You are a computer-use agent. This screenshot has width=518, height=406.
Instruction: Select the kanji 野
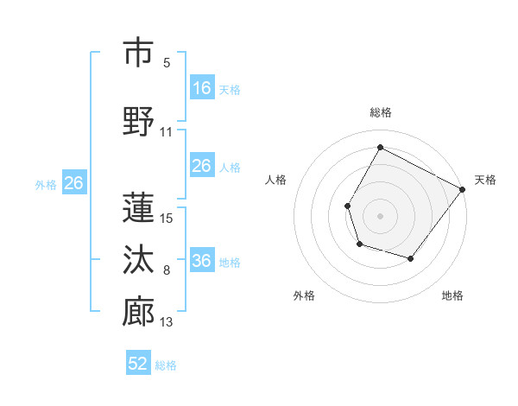click(138, 121)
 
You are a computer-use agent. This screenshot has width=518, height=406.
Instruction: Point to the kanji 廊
click(138, 312)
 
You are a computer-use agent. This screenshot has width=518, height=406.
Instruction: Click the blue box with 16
click(201, 88)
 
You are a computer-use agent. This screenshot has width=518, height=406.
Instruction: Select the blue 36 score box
click(201, 261)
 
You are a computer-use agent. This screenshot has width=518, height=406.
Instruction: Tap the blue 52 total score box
click(138, 364)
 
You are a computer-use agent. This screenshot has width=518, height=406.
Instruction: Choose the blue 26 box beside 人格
click(201, 166)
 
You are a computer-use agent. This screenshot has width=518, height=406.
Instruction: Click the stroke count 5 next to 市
click(167, 63)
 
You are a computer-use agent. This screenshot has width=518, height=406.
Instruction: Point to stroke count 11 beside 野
click(167, 132)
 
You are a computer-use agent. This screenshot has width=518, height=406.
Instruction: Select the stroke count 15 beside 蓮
click(167, 218)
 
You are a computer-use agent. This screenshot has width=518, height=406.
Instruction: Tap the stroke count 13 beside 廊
click(167, 323)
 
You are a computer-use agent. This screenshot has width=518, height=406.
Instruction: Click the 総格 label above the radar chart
click(380, 112)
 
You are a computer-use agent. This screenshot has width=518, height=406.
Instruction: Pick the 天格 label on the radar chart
click(485, 180)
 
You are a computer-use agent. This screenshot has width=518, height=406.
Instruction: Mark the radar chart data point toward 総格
click(380, 148)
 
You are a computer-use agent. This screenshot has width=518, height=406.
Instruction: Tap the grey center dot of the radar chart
click(380, 215)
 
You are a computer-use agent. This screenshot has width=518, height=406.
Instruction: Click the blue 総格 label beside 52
click(166, 365)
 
